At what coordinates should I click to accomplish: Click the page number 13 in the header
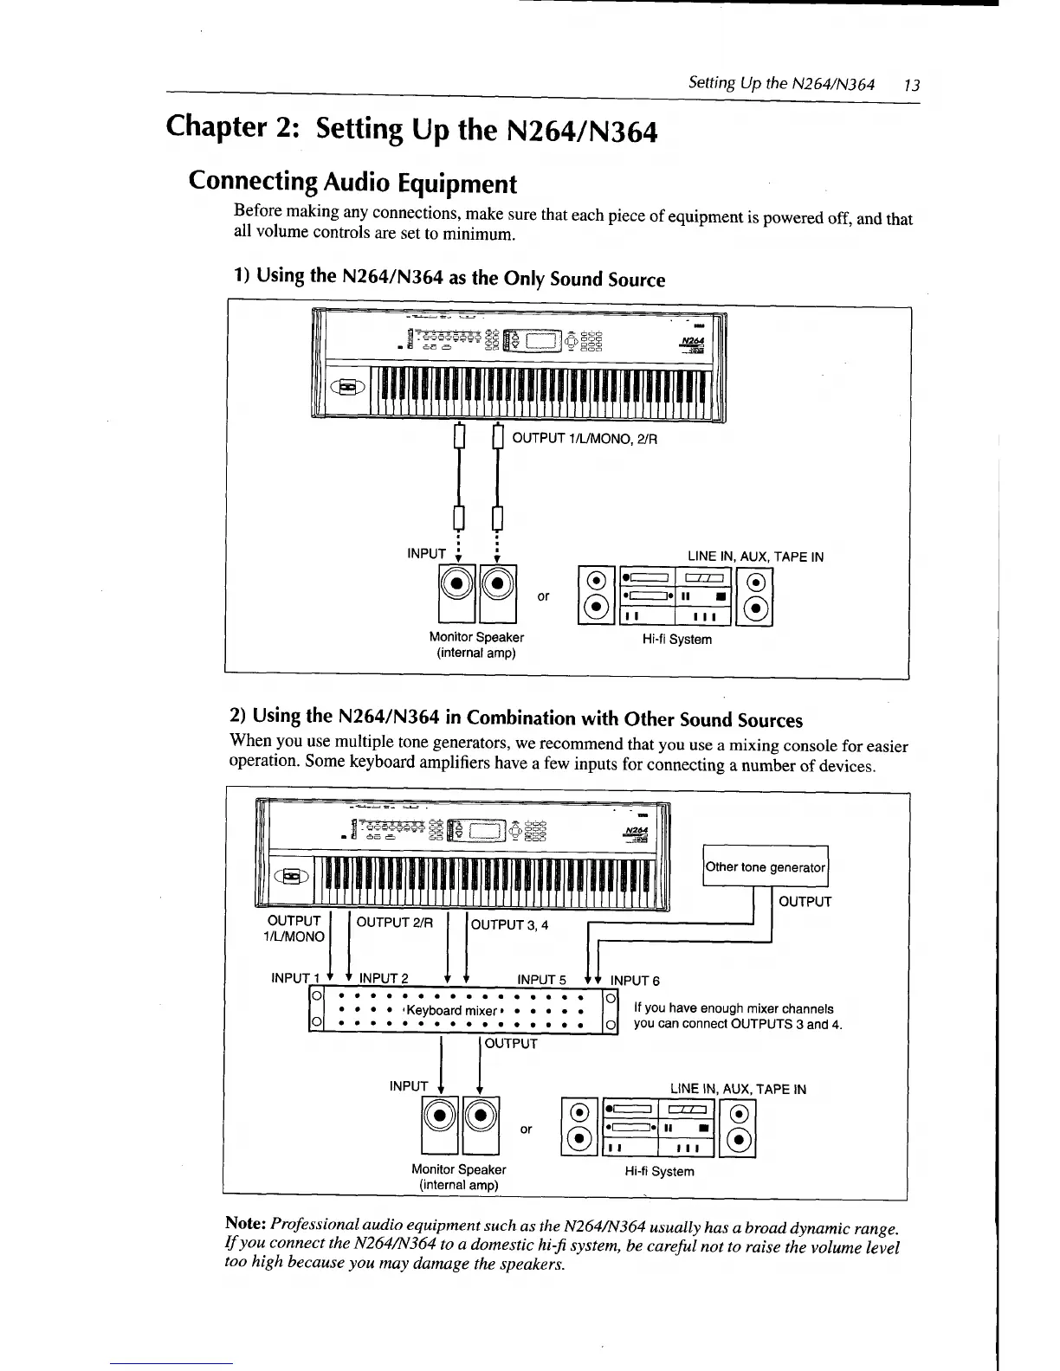[911, 85]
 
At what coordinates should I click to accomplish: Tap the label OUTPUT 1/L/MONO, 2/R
[585, 439]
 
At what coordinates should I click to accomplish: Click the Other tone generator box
[766, 867]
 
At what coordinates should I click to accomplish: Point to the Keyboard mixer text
[451, 1011]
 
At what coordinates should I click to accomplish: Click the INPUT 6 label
[635, 981]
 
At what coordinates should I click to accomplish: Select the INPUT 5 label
[541, 980]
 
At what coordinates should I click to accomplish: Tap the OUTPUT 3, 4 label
[510, 924]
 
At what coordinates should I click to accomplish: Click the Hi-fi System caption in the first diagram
[676, 640]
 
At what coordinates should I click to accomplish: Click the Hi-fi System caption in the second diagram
[659, 1172]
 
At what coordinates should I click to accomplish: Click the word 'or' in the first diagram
[543, 596]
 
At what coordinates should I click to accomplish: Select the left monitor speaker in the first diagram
[458, 593]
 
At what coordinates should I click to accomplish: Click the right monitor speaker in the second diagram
[481, 1124]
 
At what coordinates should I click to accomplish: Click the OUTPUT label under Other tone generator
[805, 902]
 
